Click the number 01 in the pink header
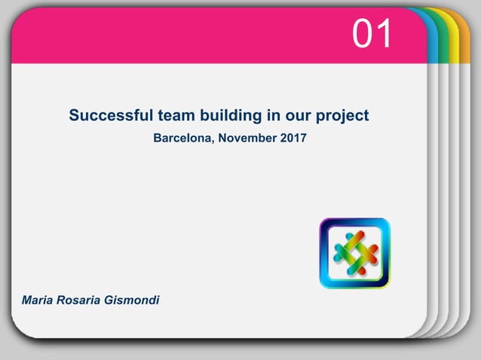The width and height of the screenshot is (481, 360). pyautogui.click(x=372, y=35)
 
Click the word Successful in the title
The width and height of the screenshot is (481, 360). pyautogui.click(x=112, y=116)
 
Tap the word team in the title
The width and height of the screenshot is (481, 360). pyautogui.click(x=176, y=116)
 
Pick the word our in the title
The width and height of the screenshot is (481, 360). pyautogui.click(x=296, y=117)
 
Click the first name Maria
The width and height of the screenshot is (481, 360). pyautogui.click(x=38, y=301)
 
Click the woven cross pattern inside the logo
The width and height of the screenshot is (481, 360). pyautogui.click(x=355, y=253)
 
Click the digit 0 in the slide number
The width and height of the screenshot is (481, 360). pyautogui.click(x=363, y=35)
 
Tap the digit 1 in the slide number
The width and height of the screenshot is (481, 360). pyautogui.click(x=384, y=35)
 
